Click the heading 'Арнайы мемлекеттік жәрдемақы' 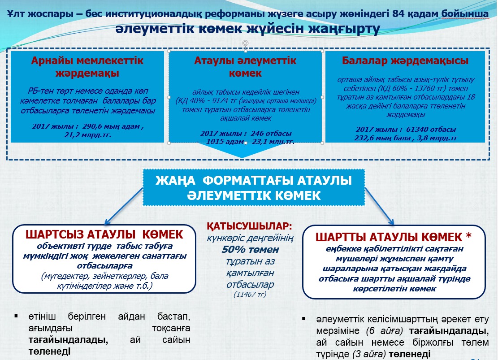click(x=87, y=67)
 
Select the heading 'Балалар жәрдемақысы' click(x=405, y=61)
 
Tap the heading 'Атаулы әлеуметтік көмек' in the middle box click(x=245, y=67)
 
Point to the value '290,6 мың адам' click(x=111, y=126)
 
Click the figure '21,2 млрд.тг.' click(x=88, y=135)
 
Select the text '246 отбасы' click(x=271, y=134)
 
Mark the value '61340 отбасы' click(x=431, y=129)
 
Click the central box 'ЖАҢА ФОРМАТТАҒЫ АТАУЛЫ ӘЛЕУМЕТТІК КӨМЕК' click(x=254, y=187)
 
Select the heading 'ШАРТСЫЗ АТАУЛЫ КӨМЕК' click(x=104, y=234)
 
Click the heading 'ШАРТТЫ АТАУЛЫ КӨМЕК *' click(x=394, y=237)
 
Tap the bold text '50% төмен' click(x=250, y=249)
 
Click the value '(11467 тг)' click(x=250, y=295)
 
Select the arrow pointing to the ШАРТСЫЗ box click(x=124, y=207)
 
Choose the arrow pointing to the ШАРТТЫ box click(x=380, y=207)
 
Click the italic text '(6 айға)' click(x=384, y=331)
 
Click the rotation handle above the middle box click(x=245, y=43)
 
